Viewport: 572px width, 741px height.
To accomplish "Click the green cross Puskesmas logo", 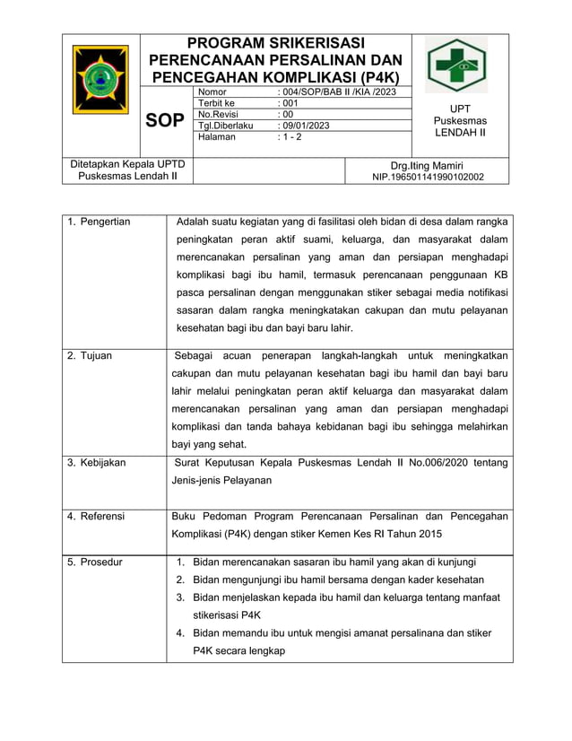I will pyautogui.click(x=456, y=65).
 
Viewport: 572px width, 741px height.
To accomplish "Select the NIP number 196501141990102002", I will pyautogui.click(x=428, y=177).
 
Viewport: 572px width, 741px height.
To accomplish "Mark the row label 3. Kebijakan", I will pyautogui.click(x=97, y=463).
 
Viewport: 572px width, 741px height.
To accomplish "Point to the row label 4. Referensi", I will pyautogui.click(x=96, y=517).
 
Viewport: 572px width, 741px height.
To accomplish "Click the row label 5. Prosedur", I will pyautogui.click(x=95, y=562).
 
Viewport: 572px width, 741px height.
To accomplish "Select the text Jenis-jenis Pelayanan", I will pyautogui.click(x=221, y=480).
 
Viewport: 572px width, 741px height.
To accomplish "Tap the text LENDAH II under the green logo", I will pyautogui.click(x=460, y=133).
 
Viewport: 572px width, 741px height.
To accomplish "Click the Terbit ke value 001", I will pyautogui.click(x=289, y=103).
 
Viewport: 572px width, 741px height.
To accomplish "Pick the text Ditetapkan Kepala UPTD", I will pyautogui.click(x=127, y=164).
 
